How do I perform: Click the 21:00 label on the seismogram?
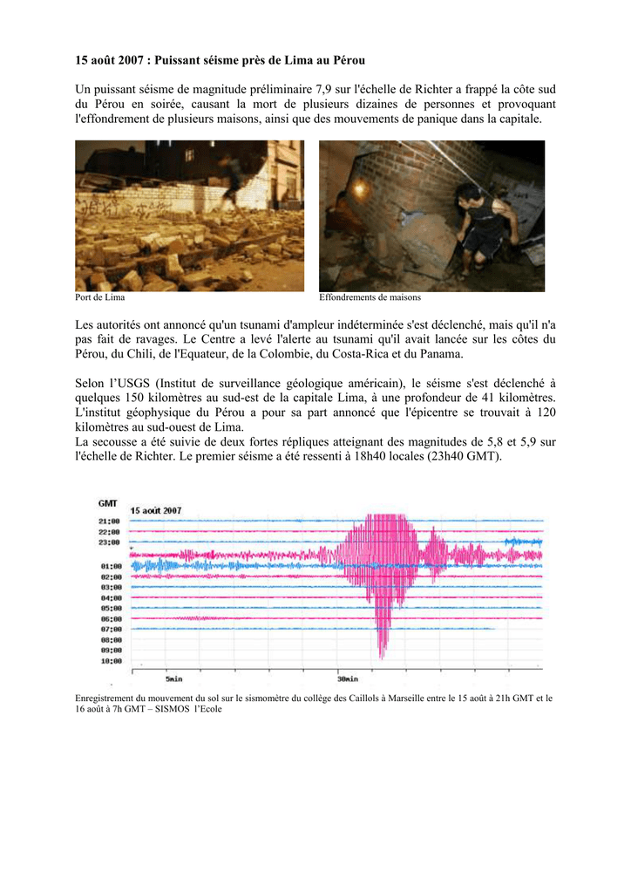tap(110, 521)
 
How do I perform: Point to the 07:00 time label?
tap(110, 629)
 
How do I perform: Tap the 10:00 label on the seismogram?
tap(110, 661)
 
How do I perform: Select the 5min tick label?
tap(174, 678)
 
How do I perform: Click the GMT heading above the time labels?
tap(108, 503)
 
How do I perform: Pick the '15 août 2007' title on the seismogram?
tap(156, 510)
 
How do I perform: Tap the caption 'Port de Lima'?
tap(100, 298)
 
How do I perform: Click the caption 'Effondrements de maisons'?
tap(370, 298)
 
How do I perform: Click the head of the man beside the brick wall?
tap(469, 191)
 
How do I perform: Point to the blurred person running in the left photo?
tap(231, 179)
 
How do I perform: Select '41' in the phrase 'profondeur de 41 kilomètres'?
tap(482, 398)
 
